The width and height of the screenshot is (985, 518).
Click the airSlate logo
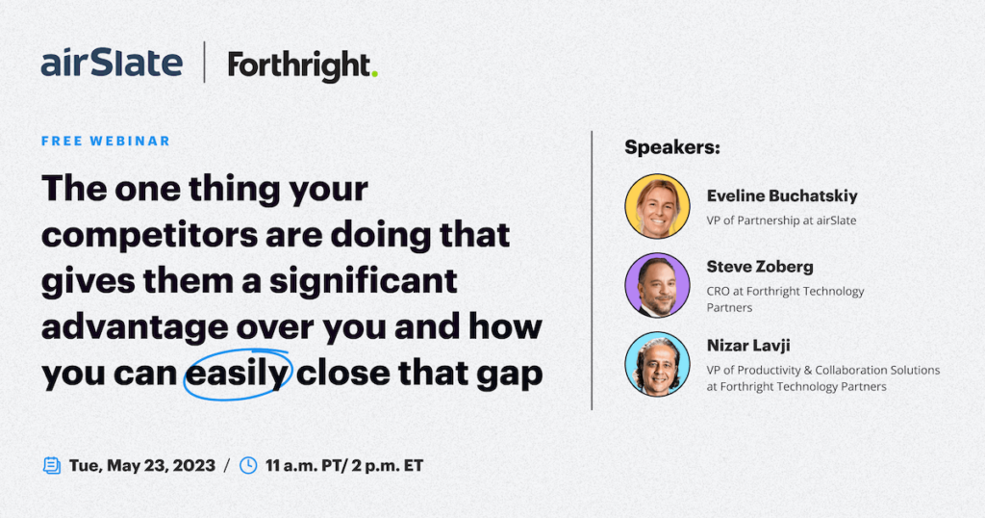pyautogui.click(x=112, y=63)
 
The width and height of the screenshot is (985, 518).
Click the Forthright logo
pyautogui.click(x=302, y=66)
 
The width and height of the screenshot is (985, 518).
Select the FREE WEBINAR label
pyautogui.click(x=106, y=141)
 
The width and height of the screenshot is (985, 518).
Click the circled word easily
pyautogui.click(x=238, y=374)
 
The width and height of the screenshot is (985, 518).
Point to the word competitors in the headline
pyautogui.click(x=149, y=235)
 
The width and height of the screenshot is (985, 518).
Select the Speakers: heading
pyautogui.click(x=672, y=147)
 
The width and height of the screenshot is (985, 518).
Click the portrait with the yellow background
pyautogui.click(x=657, y=206)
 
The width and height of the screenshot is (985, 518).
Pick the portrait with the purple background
pyautogui.click(x=657, y=285)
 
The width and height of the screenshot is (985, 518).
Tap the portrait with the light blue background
pyautogui.click(x=657, y=365)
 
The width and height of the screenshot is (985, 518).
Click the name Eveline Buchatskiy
pyautogui.click(x=782, y=196)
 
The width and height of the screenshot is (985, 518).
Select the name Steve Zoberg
pyautogui.click(x=760, y=267)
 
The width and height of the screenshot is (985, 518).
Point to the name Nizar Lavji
pyautogui.click(x=748, y=346)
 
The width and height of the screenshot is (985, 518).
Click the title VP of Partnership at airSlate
pyautogui.click(x=781, y=220)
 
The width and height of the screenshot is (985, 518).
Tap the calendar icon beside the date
pyautogui.click(x=52, y=465)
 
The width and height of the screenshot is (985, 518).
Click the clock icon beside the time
pyautogui.click(x=248, y=465)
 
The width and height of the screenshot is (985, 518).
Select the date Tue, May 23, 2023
pyautogui.click(x=142, y=466)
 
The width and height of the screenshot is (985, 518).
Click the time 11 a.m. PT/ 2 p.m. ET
pyautogui.click(x=344, y=466)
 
